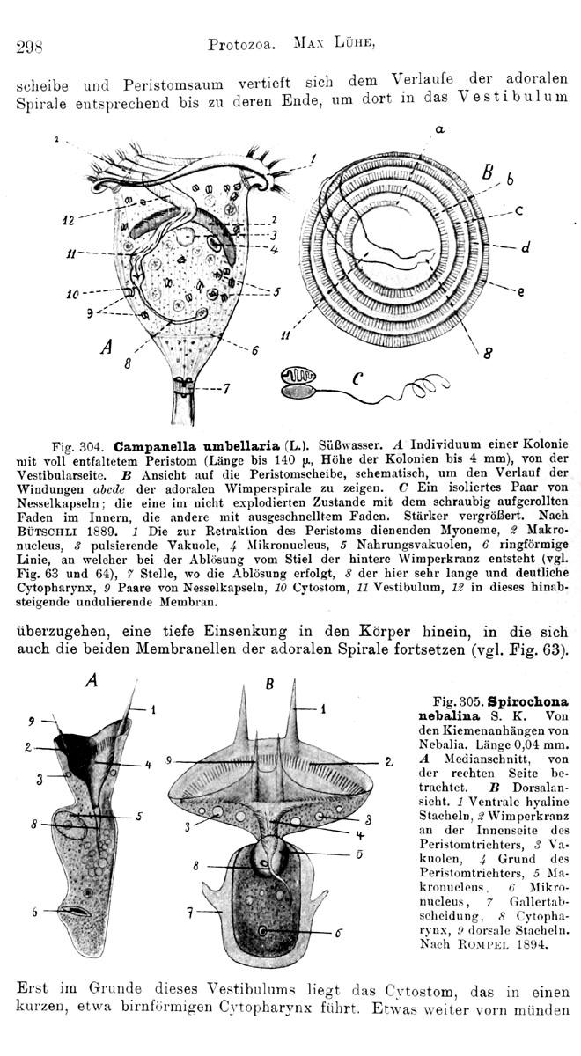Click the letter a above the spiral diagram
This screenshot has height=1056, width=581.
(x=439, y=129)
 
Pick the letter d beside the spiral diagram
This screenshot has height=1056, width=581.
(x=525, y=248)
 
